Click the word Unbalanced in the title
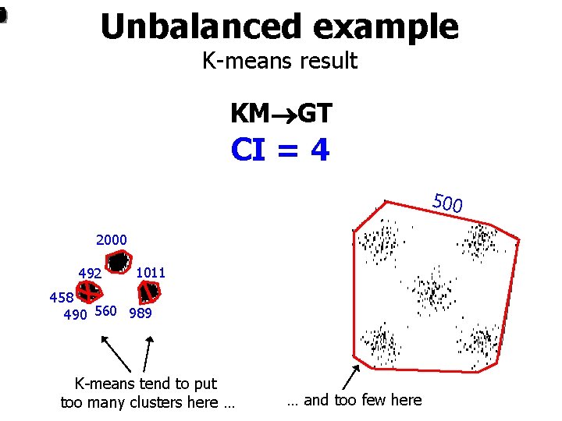(200, 27)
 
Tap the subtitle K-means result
(279, 61)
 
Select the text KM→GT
(281, 114)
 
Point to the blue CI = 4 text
(280, 150)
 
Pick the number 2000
(112, 239)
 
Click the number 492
(90, 274)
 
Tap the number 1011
(150, 273)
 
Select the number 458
(61, 297)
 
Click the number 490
(75, 313)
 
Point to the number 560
(105, 312)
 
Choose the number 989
(140, 313)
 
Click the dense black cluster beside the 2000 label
(117, 263)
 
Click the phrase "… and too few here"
(354, 400)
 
